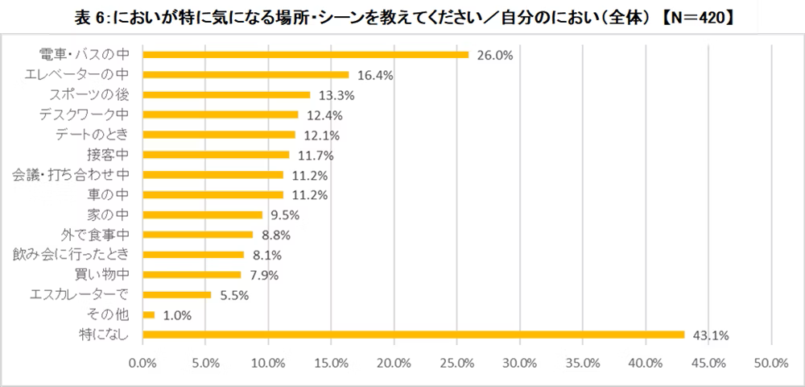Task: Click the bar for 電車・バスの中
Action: coord(305,55)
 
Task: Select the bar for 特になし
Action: coord(413,335)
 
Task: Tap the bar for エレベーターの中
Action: coord(246,75)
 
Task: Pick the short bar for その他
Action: coord(149,314)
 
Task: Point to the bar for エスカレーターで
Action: coord(177,294)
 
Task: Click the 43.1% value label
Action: coord(708,335)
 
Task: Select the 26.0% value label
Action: coord(493,55)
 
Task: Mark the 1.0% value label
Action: coord(176,315)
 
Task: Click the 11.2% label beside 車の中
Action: coord(307,195)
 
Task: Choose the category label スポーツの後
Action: coord(92,95)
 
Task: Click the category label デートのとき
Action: coord(92,135)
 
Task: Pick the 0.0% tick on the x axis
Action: coord(142,364)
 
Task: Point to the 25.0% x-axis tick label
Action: coord(457,364)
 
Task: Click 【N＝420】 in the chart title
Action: coord(692,14)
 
